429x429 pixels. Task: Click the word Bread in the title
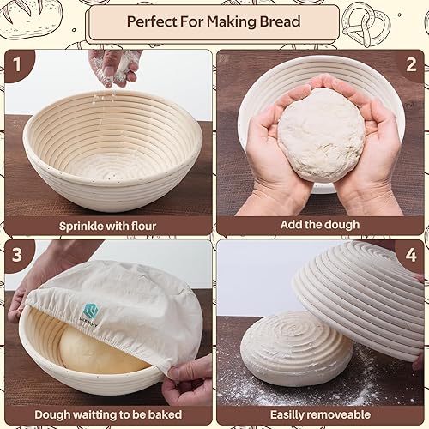click(280, 21)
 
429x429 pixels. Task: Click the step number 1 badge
click(17, 64)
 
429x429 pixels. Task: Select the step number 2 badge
click(411, 64)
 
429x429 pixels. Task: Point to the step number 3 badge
click(17, 255)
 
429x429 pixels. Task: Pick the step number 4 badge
click(411, 255)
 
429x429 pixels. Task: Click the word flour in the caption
click(143, 226)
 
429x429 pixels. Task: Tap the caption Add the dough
click(320, 225)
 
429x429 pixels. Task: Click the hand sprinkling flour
click(114, 66)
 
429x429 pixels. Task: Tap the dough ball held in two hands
click(321, 135)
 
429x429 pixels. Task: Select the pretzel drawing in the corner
click(366, 24)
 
